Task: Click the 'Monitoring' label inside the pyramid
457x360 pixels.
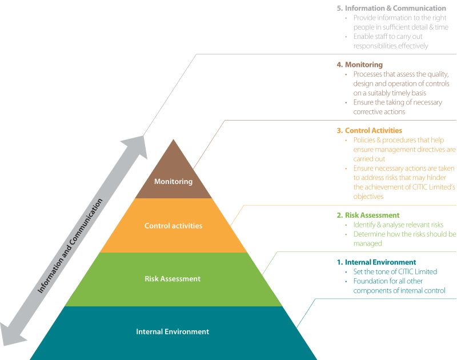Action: coord(173,182)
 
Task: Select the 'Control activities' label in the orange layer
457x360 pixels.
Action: coord(173,226)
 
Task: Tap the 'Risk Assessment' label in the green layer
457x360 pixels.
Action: coord(173,279)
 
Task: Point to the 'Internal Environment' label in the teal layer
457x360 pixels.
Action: coord(173,331)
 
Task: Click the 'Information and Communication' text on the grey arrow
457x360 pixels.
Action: coord(70,246)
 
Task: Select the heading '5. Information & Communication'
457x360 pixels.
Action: coord(391,9)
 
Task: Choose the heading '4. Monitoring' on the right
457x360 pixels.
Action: coord(360,65)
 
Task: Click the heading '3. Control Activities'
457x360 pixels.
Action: coord(370,130)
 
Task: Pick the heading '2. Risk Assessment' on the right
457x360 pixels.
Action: coord(368,215)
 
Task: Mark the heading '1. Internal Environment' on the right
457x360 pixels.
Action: coord(376,262)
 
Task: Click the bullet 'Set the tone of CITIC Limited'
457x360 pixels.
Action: coord(395,272)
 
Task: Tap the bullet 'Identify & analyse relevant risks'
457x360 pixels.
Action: coord(398,225)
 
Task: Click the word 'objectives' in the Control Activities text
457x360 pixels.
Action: coord(368,196)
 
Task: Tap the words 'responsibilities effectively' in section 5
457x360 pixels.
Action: coord(390,46)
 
